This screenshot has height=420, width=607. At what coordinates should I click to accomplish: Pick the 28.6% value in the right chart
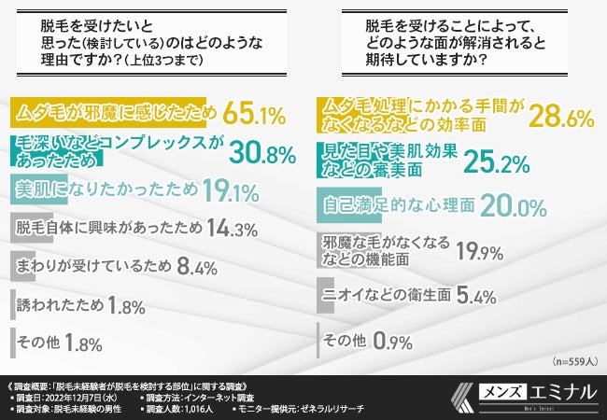pyautogui.click(x=562, y=117)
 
